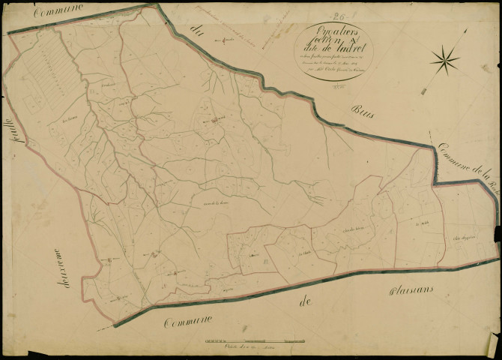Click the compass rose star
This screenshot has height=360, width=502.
tap(447, 58)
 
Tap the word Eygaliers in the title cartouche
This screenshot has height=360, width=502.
tap(330, 31)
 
